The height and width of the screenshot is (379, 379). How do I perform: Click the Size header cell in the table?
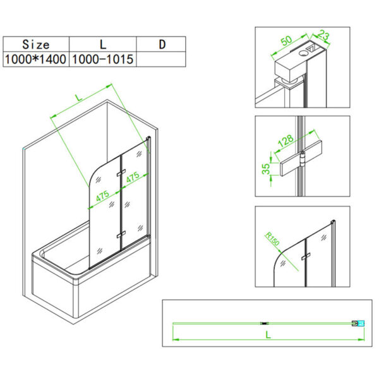(x=35, y=44)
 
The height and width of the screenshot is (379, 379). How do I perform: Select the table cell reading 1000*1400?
(x=35, y=59)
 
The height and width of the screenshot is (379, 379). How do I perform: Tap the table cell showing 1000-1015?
(x=102, y=59)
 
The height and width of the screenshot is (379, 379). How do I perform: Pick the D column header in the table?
(x=161, y=44)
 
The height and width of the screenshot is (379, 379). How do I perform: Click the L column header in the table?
(x=102, y=44)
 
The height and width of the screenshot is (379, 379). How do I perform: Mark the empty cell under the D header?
(x=161, y=59)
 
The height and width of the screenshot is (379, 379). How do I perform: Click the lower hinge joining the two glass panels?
(x=119, y=234)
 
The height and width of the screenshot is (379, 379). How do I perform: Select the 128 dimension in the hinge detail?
(x=286, y=140)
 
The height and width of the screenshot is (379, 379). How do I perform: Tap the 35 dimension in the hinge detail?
(x=266, y=169)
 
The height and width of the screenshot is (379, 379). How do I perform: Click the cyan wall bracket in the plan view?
(x=361, y=324)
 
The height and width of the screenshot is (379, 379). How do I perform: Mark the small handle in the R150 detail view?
(x=306, y=256)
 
